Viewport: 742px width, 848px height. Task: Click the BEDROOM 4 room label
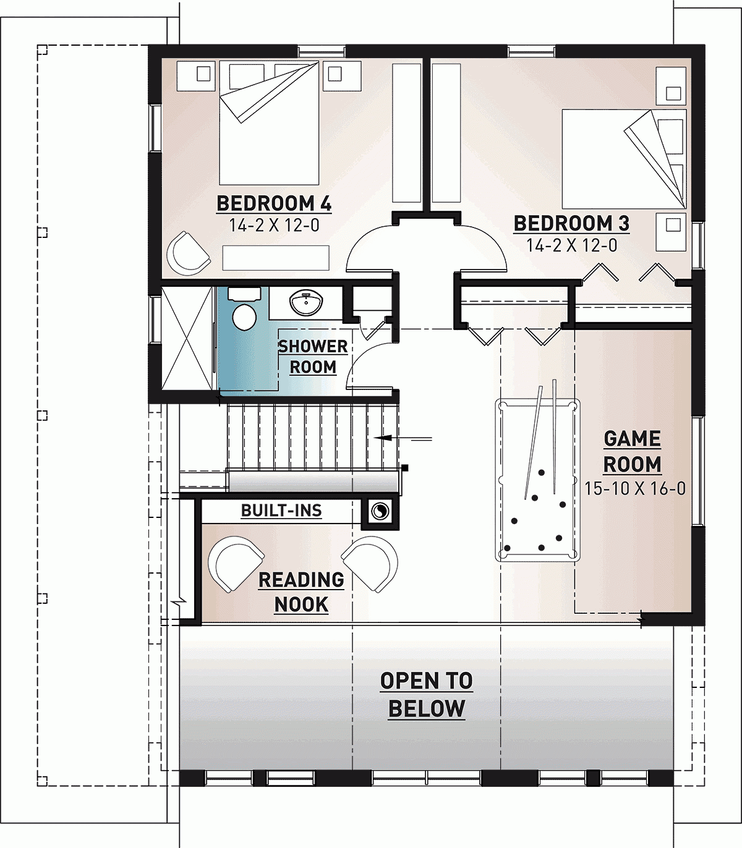pyautogui.click(x=274, y=203)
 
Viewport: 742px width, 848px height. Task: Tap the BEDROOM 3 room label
pyautogui.click(x=571, y=223)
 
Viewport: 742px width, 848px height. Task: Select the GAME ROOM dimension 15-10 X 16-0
pyautogui.click(x=635, y=488)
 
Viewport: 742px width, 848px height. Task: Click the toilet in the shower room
pyautogui.click(x=244, y=315)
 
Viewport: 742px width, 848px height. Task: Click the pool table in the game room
pyautogui.click(x=538, y=480)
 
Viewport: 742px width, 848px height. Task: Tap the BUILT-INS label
pyautogui.click(x=281, y=511)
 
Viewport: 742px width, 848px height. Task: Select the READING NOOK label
pyautogui.click(x=301, y=592)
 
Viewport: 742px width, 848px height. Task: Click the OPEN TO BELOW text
pyautogui.click(x=427, y=695)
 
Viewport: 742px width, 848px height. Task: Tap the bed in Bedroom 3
pyautogui.click(x=623, y=159)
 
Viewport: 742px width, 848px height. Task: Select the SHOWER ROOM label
pyautogui.click(x=313, y=357)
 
